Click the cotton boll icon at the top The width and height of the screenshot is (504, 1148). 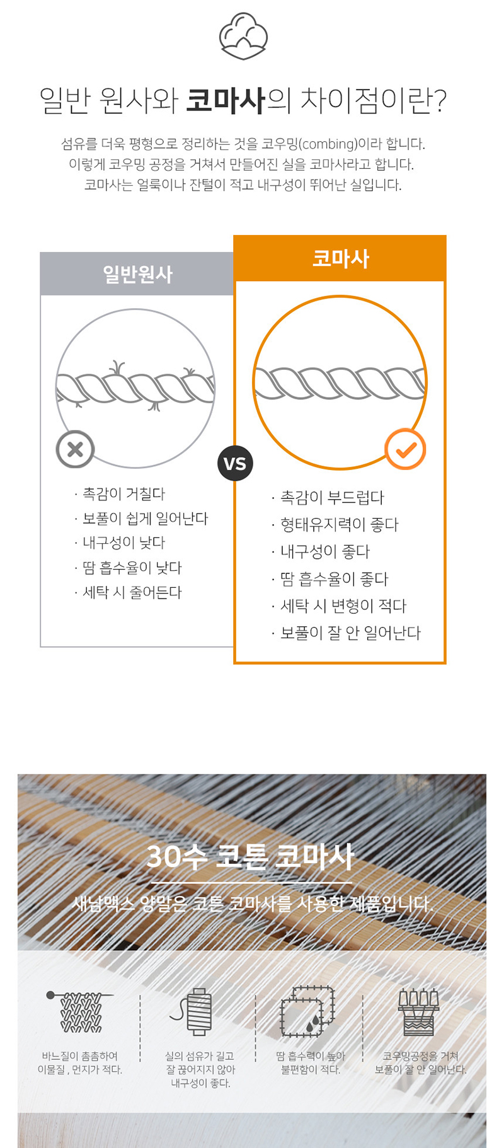pos(243,36)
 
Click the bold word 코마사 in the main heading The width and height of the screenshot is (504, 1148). pos(226,101)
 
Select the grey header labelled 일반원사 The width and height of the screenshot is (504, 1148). pos(137,274)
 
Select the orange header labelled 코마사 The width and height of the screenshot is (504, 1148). pos(340,258)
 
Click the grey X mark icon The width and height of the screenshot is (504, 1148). pos(75,449)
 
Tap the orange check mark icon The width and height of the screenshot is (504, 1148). pos(405,449)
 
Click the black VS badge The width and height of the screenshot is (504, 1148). pos(235,464)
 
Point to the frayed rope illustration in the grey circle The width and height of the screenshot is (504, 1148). pos(135,387)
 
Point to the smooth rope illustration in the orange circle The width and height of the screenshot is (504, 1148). pos(340,383)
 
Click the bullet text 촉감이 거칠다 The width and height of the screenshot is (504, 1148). pos(124,494)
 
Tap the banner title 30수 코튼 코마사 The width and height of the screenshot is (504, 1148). pos(250,857)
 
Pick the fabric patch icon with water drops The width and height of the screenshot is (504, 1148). pos(307,1011)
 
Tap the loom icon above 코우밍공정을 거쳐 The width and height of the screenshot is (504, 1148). pos(418,1012)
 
